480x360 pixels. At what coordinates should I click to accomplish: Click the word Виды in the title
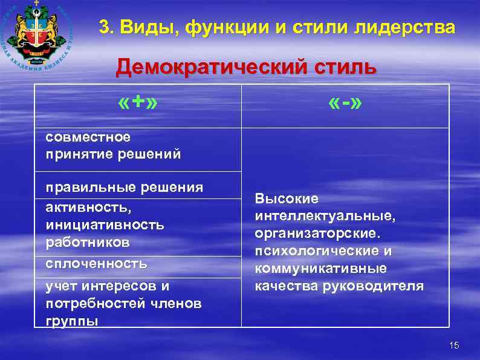click(147, 27)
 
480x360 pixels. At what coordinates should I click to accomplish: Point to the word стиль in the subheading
click(343, 67)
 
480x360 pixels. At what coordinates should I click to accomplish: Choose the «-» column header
click(345, 104)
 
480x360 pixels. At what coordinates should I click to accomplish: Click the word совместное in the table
click(88, 137)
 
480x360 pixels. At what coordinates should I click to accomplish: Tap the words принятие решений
click(113, 154)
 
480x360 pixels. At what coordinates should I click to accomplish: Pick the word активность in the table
click(88, 206)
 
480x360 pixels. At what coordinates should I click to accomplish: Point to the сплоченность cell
click(96, 263)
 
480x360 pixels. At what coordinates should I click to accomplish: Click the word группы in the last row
click(71, 321)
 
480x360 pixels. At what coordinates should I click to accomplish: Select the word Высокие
click(287, 199)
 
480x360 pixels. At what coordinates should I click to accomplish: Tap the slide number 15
click(455, 345)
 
